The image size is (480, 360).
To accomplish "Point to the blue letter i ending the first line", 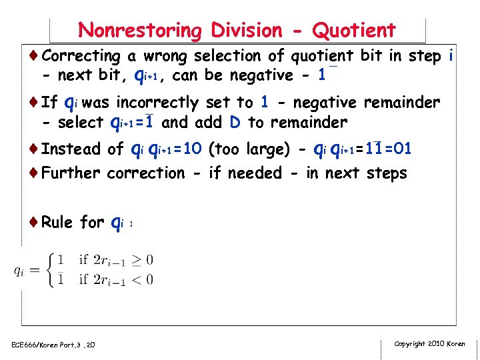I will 451,56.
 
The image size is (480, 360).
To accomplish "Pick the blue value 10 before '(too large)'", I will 192,149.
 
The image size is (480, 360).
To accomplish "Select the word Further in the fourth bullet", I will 71,173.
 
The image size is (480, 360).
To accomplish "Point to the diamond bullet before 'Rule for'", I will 34,222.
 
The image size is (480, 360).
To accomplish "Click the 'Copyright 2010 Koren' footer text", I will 429,344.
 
